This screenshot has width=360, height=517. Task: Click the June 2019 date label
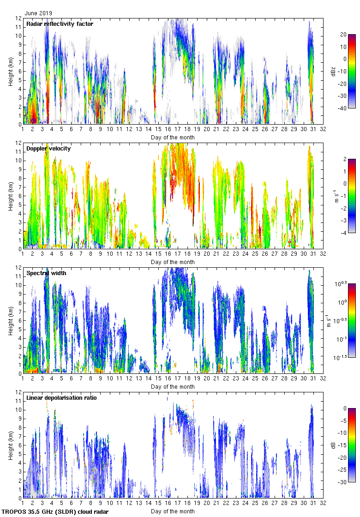click(x=39, y=13)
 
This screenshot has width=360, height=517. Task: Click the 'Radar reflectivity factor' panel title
click(x=60, y=24)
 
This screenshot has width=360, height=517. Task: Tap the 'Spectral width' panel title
click(x=46, y=273)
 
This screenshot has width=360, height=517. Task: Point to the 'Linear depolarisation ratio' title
click(x=61, y=398)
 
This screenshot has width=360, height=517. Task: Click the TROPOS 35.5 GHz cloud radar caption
click(x=55, y=512)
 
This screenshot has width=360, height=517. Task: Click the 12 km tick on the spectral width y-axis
click(x=18, y=267)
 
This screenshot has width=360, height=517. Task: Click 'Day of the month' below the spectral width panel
click(x=173, y=387)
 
